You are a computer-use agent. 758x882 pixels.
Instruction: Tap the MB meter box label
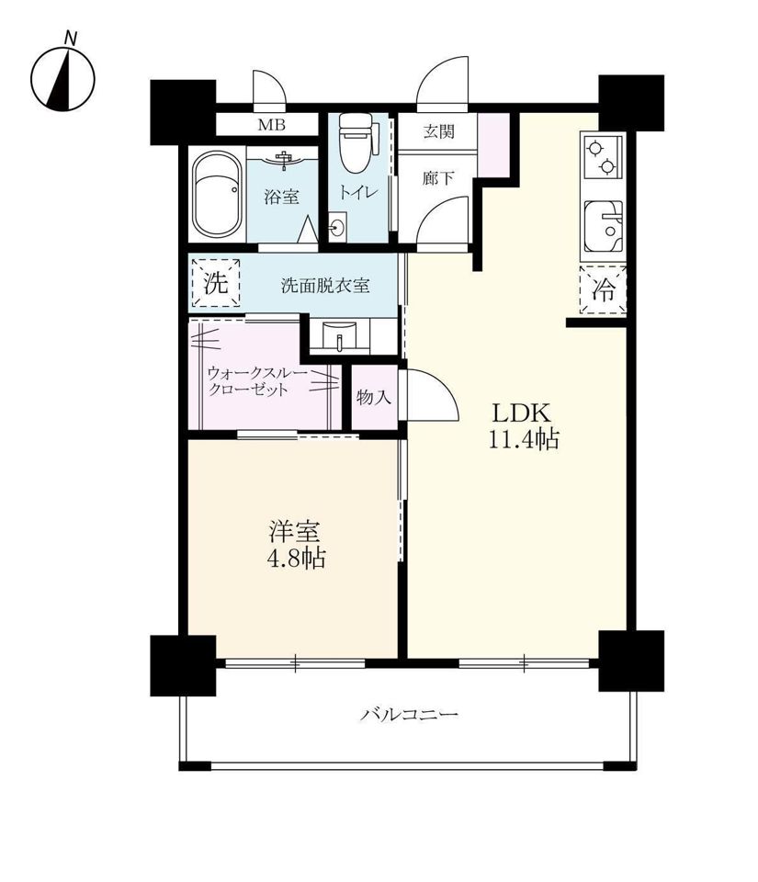click(272, 125)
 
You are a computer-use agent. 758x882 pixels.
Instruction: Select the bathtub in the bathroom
click(218, 196)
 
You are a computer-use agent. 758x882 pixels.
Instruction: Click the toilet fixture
click(356, 143)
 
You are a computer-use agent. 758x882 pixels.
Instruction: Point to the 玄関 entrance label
click(438, 132)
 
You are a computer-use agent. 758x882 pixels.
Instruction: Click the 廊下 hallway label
click(438, 178)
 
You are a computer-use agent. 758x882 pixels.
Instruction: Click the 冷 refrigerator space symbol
click(604, 290)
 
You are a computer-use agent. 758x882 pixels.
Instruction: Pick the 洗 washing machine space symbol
click(216, 283)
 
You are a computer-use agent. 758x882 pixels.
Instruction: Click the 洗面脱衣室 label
click(325, 286)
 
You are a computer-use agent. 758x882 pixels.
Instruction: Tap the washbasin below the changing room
click(340, 336)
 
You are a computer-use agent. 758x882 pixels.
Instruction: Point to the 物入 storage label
click(374, 398)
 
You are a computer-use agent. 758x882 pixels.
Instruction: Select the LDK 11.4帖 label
click(523, 426)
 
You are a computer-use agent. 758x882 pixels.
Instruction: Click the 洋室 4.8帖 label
click(296, 545)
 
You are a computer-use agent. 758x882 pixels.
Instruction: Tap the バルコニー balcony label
click(410, 715)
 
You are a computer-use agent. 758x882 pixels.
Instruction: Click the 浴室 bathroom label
click(282, 197)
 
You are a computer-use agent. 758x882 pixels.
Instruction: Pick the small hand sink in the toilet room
click(338, 229)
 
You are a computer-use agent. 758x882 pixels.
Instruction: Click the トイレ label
click(357, 192)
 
